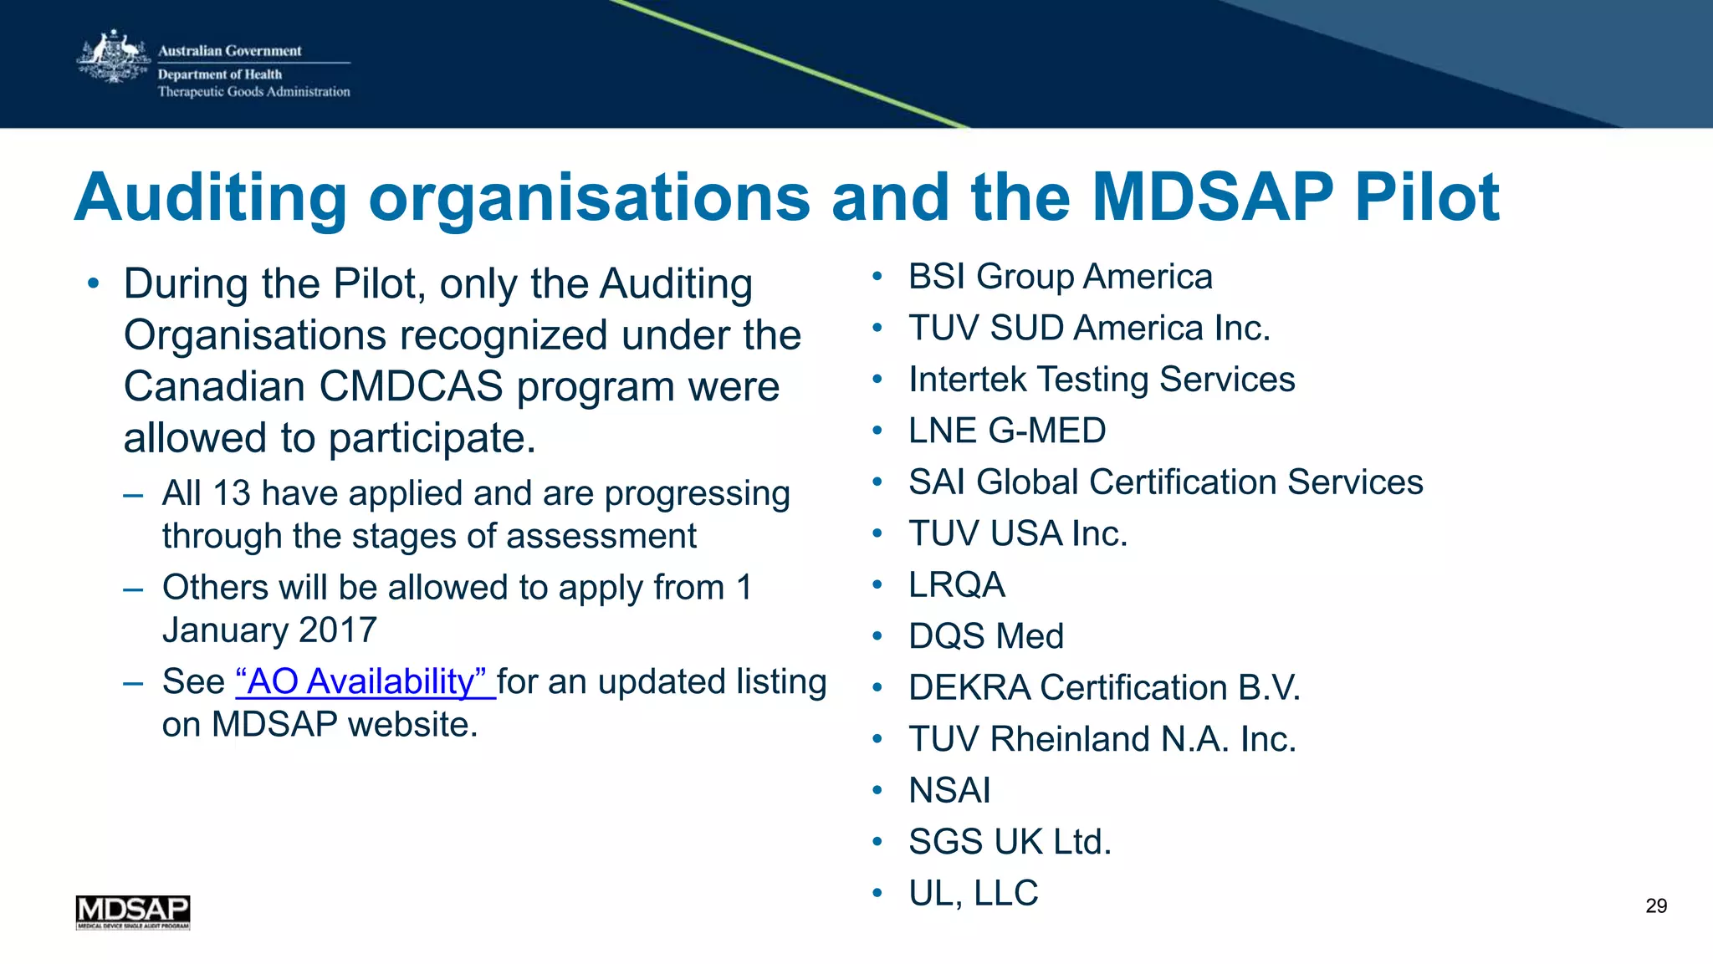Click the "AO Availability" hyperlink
click(x=365, y=681)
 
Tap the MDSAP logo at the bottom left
click(x=133, y=911)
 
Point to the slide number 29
click(x=1655, y=905)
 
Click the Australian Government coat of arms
click(x=113, y=57)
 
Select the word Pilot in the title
click(x=1426, y=197)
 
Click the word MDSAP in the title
click(x=1212, y=197)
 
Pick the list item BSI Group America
click(x=1060, y=277)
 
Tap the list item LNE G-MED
click(x=1006, y=431)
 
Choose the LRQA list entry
click(x=956, y=584)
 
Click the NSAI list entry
click(x=949, y=790)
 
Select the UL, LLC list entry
click(x=973, y=893)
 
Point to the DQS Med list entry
click(x=985, y=636)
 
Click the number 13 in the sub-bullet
click(x=232, y=493)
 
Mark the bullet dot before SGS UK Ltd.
click(x=877, y=841)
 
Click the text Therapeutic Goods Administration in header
click(x=253, y=92)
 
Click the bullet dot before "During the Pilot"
click(x=93, y=283)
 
